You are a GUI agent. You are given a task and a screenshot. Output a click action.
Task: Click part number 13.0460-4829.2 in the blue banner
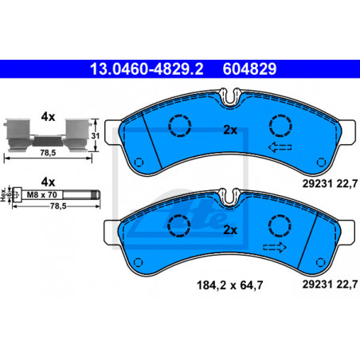click(147, 68)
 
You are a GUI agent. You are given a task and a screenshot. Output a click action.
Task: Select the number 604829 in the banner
click(249, 68)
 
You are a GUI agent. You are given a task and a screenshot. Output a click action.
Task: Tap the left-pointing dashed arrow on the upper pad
click(280, 147)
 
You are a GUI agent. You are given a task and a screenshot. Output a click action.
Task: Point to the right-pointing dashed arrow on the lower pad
click(275, 247)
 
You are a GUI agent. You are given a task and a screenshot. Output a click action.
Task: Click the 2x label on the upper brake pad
click(230, 130)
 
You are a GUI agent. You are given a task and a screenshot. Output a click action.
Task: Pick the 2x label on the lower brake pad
click(230, 230)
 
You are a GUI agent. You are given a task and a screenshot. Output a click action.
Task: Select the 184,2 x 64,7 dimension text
click(229, 285)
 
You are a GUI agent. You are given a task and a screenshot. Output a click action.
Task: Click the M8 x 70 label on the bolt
click(42, 195)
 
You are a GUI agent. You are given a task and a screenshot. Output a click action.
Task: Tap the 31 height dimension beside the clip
click(96, 135)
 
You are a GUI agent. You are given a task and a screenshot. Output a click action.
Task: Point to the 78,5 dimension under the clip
click(48, 153)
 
